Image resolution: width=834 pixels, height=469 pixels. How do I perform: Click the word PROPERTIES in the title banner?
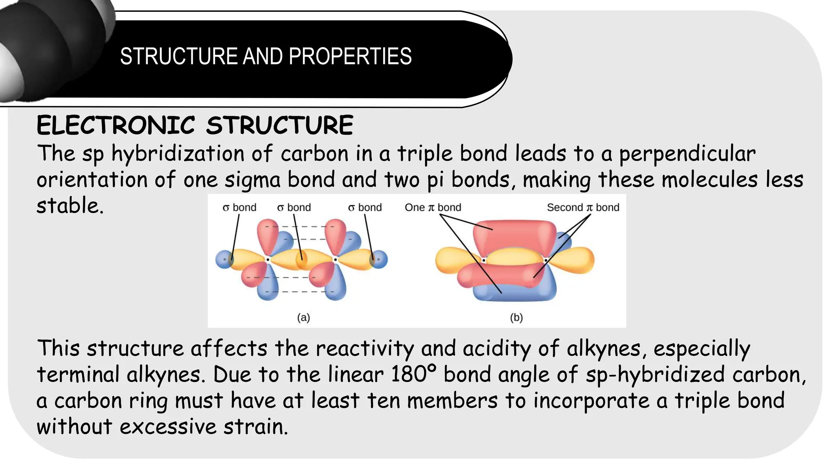pos(350,56)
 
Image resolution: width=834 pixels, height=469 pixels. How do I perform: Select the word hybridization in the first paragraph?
pos(178,154)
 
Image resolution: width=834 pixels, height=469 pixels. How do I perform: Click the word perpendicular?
pos(687,154)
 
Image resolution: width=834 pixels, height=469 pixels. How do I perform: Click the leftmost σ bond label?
pos(239,208)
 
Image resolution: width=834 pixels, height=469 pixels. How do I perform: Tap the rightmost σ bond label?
pos(365,208)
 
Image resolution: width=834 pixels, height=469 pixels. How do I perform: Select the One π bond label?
pos(433,208)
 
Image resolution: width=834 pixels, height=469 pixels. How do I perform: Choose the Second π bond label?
pos(583,208)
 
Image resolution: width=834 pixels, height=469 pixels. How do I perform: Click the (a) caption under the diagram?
pos(303,318)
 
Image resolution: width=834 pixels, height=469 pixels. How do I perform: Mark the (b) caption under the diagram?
pos(516,318)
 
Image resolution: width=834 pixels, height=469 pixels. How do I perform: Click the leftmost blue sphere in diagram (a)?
pos(223,259)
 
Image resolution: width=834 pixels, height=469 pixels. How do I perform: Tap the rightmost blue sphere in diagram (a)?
pos(380,259)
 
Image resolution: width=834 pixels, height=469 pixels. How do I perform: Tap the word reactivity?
pos(365,348)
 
